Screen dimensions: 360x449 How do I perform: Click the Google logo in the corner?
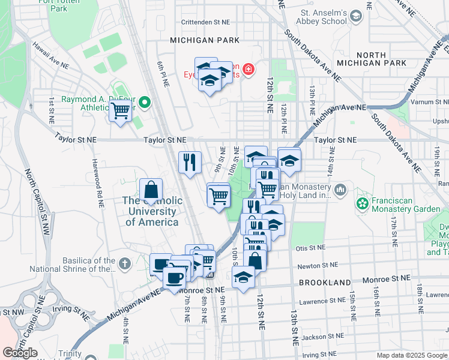[20, 353]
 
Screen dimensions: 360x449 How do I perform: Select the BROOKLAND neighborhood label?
[325, 282]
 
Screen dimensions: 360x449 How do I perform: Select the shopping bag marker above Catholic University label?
[151, 190]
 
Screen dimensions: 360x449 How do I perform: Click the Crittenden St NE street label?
[206, 22]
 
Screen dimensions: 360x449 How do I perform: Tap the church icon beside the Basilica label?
[124, 263]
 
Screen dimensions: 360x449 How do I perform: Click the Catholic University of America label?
[151, 211]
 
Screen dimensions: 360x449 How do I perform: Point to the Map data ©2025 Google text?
[411, 355]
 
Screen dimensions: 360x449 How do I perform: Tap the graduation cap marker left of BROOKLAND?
[243, 278]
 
